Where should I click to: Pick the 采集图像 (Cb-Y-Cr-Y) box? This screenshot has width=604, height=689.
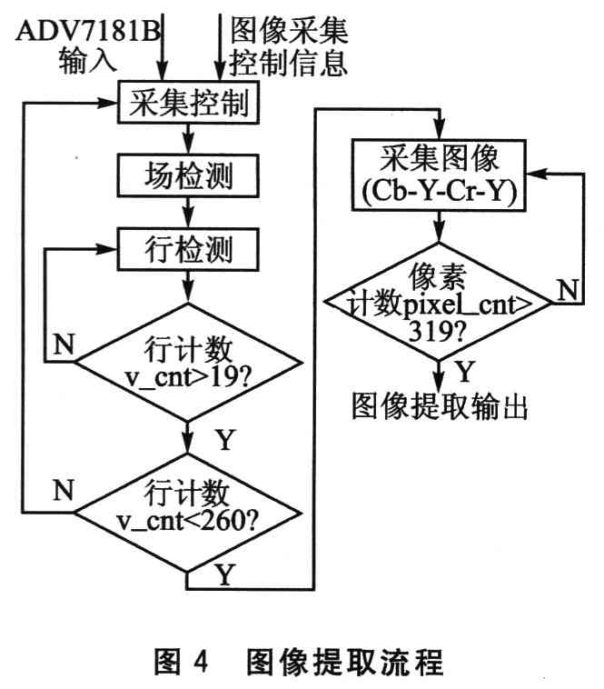[x=439, y=175]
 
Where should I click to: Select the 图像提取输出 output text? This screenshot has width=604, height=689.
[x=440, y=406]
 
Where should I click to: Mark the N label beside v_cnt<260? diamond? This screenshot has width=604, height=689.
[x=62, y=492]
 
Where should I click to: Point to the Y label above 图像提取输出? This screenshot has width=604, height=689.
[x=466, y=371]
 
